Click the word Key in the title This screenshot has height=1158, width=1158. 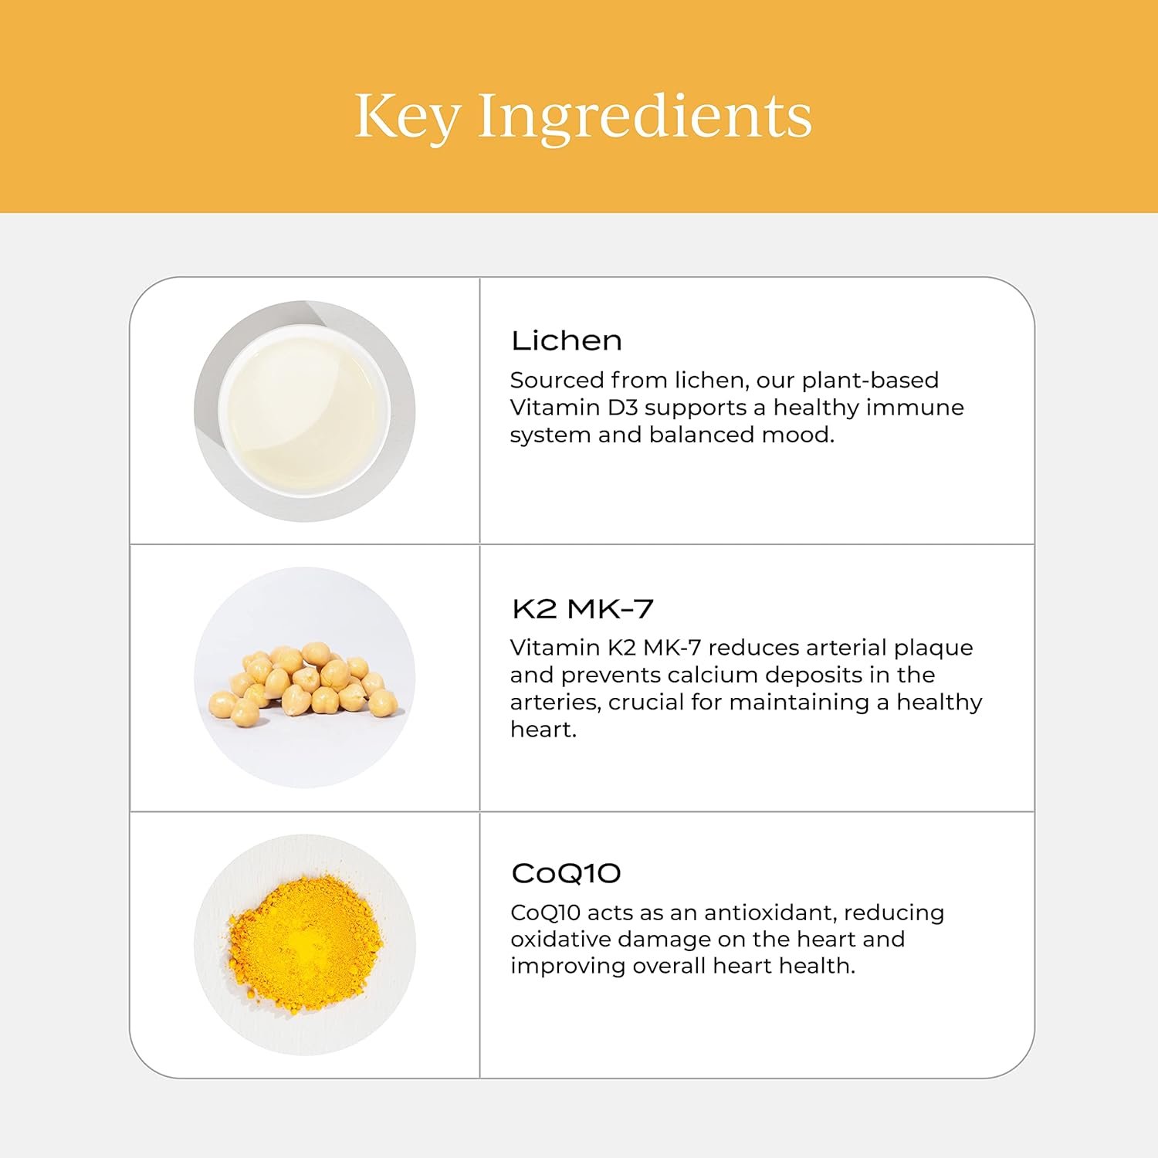point(408,117)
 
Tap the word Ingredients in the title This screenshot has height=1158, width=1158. point(645,117)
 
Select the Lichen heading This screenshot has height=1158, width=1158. point(567,340)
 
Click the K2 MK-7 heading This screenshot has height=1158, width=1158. point(583,609)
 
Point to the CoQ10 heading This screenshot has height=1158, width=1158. point(566,874)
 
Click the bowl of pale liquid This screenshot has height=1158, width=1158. point(304,410)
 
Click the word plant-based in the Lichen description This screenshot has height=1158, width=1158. point(870,381)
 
